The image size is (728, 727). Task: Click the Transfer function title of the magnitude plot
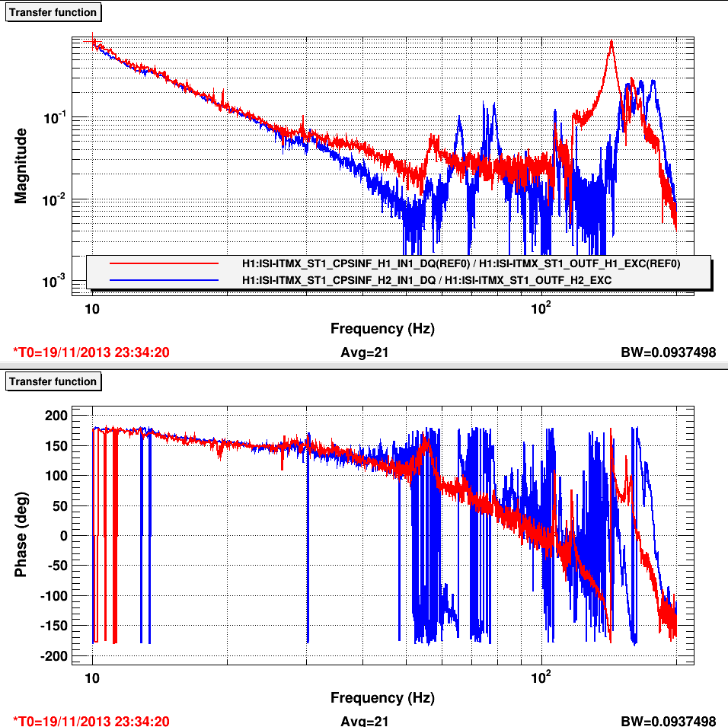[53, 12]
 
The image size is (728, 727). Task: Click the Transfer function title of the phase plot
[53, 381]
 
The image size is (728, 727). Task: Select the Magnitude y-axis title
[21, 165]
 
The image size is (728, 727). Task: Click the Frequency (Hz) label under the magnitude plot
[382, 329]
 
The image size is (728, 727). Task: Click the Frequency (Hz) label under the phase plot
[382, 697]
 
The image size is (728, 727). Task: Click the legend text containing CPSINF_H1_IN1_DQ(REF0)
[460, 263]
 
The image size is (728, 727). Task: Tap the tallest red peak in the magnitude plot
[611, 42]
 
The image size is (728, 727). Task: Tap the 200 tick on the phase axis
[59, 415]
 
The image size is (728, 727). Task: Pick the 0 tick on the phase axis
[64, 535]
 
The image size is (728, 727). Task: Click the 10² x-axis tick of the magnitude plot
[540, 310]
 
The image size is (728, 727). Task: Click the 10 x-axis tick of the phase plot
[92, 678]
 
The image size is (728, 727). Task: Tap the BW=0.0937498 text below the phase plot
[669, 721]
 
